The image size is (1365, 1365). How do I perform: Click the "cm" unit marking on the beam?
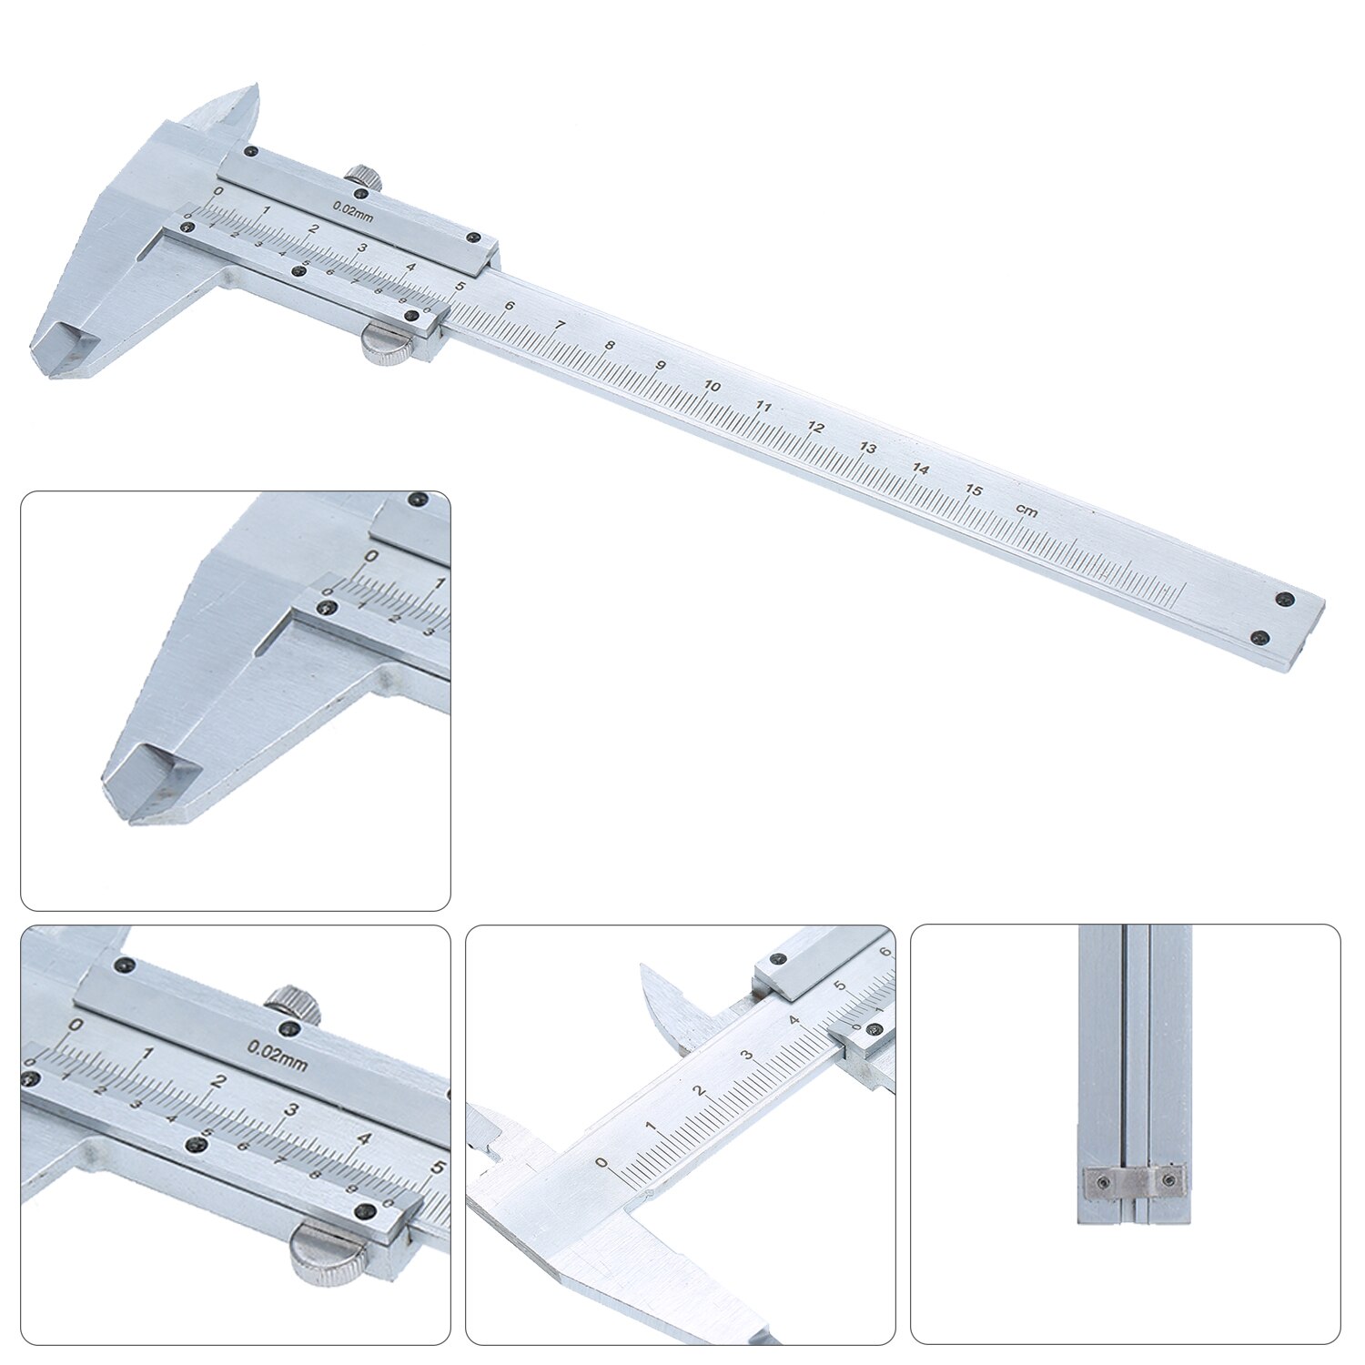(1026, 512)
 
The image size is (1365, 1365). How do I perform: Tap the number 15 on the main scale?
(975, 490)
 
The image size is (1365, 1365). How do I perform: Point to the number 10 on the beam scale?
(712, 387)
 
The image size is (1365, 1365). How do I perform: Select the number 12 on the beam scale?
(816, 427)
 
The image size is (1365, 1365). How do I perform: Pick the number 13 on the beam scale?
(868, 448)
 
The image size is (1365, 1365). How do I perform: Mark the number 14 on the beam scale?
(921, 470)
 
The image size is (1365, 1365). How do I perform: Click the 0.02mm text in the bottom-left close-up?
(278, 1054)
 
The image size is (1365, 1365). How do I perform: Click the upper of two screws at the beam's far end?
(1284, 599)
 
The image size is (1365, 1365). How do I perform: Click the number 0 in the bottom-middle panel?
(600, 1162)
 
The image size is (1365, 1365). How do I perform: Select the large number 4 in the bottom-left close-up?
(364, 1137)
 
